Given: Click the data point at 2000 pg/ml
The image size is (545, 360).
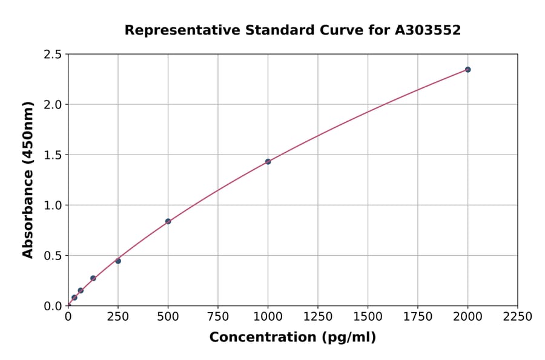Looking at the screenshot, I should click(467, 70).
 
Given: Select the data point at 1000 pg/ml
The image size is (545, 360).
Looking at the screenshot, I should click(268, 162).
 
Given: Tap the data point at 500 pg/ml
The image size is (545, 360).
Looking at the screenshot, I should click(168, 221).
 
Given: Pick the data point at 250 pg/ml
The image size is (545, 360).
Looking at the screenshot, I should click(118, 261).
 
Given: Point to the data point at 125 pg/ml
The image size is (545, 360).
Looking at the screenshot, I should click(93, 278).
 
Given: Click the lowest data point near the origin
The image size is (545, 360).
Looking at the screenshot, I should click(74, 298).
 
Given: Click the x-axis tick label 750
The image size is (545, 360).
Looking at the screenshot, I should click(218, 316).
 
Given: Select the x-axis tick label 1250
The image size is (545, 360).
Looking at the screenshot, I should click(318, 316).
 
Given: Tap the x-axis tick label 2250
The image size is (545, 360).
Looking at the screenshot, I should click(518, 316).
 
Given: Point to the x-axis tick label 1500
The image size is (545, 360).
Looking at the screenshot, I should click(368, 316).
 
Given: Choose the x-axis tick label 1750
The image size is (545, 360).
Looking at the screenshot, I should click(418, 316).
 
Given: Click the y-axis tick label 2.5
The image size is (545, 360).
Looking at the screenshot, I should click(53, 55).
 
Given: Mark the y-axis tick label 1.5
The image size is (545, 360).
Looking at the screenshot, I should click(53, 155).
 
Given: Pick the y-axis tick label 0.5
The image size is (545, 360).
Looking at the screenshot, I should click(53, 256).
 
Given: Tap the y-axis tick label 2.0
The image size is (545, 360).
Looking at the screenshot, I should click(53, 105).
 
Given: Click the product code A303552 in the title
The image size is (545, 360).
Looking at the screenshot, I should click(428, 30).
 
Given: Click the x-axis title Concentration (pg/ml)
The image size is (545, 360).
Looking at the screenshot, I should click(292, 338).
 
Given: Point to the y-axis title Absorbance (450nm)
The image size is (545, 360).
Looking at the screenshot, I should click(28, 179).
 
